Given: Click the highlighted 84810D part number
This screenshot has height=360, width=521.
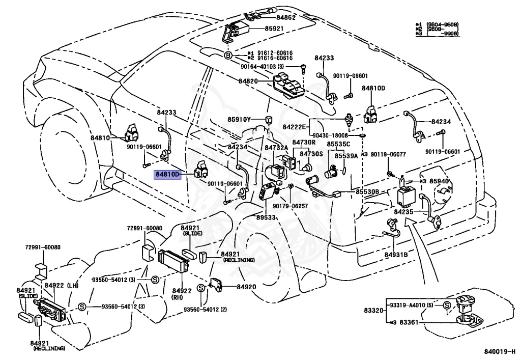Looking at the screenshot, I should [168, 174].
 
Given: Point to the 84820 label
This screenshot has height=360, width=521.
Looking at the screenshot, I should [248, 81].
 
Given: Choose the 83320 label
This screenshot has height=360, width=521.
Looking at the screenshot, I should [374, 310].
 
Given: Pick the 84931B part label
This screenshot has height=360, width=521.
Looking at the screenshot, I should [396, 254].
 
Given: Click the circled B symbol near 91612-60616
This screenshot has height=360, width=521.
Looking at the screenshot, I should [228, 56].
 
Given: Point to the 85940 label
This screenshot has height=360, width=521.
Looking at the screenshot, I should [441, 181].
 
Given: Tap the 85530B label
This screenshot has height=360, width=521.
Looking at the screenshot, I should [367, 192].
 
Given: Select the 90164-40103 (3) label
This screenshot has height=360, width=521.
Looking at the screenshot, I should [273, 66].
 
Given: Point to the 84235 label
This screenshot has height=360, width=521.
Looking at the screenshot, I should [404, 211].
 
